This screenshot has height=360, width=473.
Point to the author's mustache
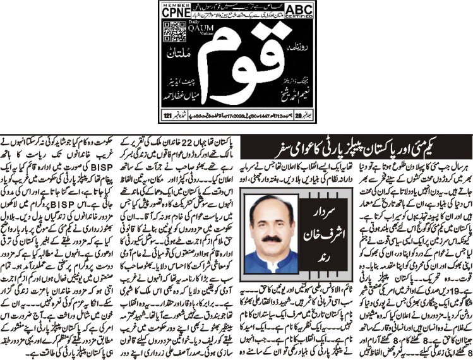[271, 237]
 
